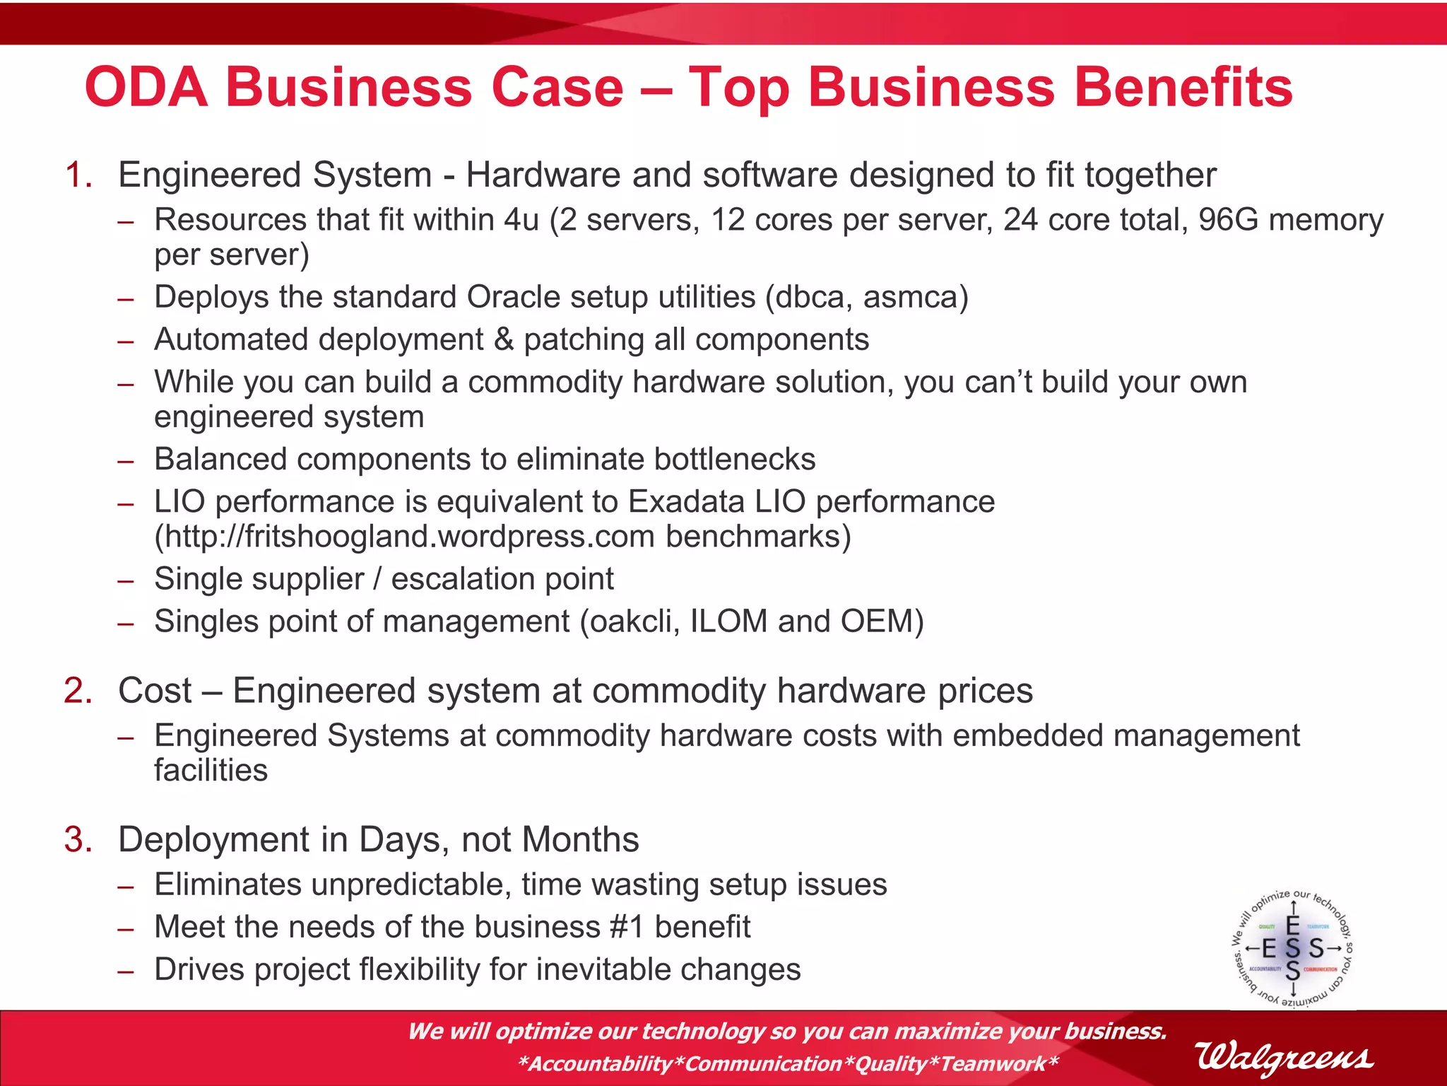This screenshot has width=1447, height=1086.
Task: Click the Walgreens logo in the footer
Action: click(1284, 1058)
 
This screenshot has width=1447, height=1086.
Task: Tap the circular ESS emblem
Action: click(1292, 948)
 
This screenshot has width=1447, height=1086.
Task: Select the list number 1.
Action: click(78, 175)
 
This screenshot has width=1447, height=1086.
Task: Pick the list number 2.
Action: click(78, 691)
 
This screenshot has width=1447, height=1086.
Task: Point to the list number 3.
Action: click(78, 840)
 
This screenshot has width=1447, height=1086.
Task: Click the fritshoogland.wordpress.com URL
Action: click(409, 537)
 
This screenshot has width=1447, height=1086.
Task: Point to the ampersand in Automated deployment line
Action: click(504, 339)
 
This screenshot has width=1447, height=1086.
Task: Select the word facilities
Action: click(211, 771)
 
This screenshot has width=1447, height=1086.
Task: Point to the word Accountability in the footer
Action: click(600, 1063)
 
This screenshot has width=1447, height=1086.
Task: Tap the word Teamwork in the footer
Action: click(993, 1063)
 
